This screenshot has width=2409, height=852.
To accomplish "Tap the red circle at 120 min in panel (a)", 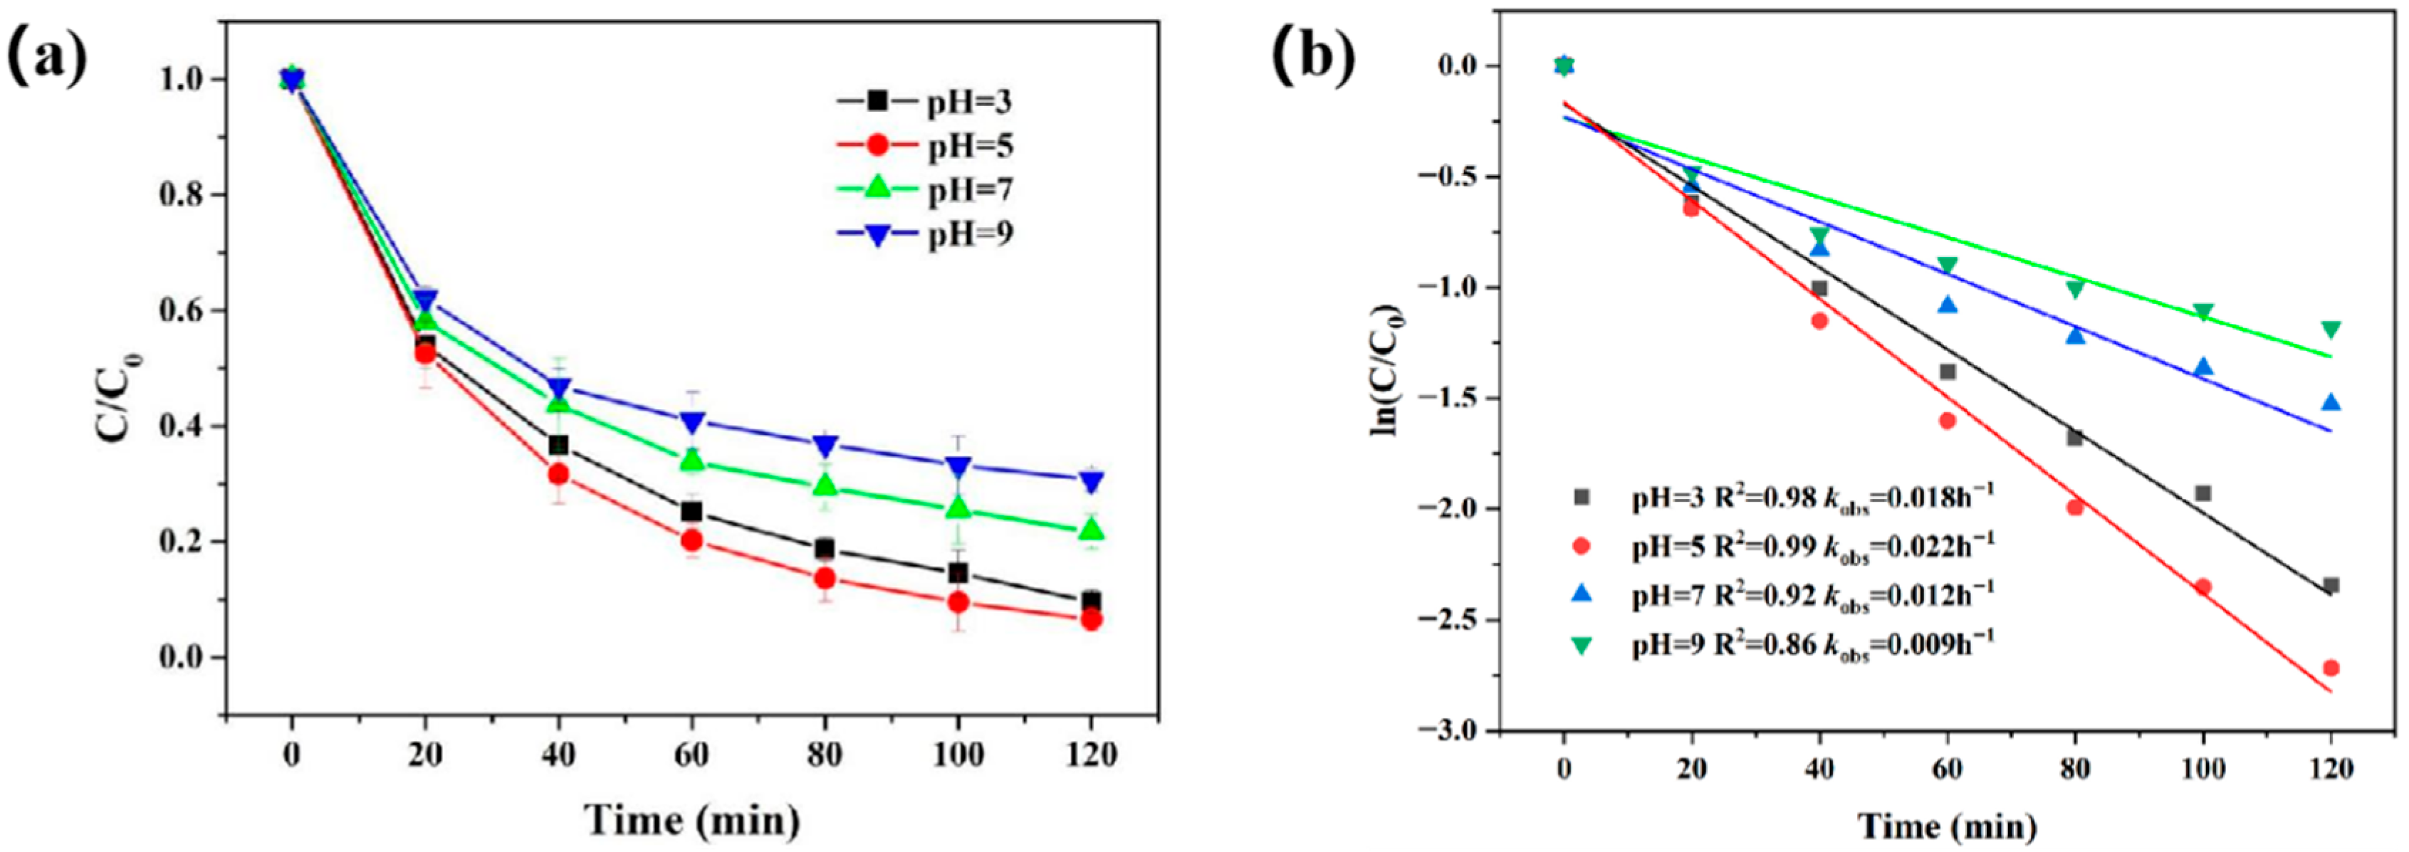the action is [x=1090, y=619].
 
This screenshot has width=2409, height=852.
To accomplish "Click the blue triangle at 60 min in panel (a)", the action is [x=691, y=423].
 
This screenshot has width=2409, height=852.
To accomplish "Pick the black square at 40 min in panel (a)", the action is [x=558, y=444].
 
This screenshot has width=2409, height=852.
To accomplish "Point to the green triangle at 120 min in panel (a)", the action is [x=1090, y=530].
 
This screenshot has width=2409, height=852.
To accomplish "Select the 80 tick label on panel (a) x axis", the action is [x=824, y=754].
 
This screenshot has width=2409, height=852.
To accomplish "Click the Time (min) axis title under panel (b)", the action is [x=1946, y=825].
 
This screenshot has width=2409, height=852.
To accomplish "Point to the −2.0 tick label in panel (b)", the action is [x=1448, y=509].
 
